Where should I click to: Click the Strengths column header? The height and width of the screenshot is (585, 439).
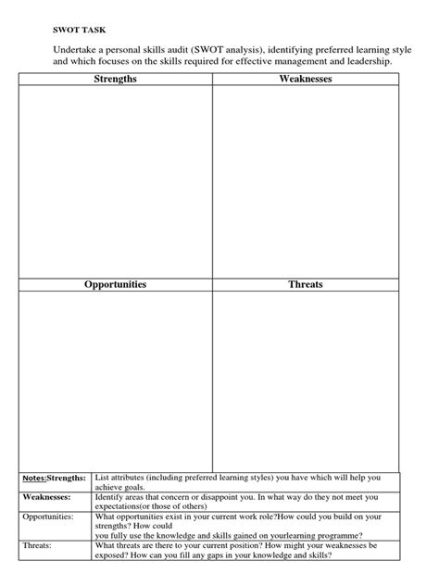[116, 80]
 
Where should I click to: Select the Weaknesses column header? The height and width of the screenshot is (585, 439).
[306, 80]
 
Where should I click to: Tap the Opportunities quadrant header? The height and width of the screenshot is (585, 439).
[116, 284]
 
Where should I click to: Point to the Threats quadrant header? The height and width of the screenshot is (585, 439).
[306, 284]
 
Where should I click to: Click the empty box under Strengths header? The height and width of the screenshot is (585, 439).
[116, 180]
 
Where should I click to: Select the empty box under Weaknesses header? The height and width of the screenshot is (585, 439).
[306, 180]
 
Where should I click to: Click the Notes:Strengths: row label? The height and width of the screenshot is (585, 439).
[54, 478]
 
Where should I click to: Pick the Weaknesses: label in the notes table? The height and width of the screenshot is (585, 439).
[47, 497]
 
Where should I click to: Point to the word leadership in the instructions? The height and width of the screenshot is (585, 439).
[370, 61]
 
